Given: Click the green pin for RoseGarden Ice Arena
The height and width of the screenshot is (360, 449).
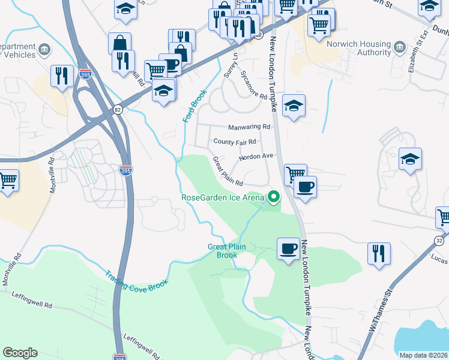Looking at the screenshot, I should tap(274, 196).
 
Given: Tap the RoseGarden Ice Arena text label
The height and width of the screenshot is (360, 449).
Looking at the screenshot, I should tap(223, 197).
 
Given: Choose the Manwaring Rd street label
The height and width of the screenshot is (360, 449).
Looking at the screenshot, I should tap(250, 127).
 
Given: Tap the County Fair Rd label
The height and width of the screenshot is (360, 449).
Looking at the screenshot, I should tap(235, 142).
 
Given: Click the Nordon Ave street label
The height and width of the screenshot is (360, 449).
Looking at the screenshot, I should tap(256, 157).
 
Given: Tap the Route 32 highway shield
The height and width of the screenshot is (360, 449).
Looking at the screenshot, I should tap(439, 241).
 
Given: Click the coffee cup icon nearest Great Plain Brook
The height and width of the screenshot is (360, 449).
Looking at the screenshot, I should tap(288, 248).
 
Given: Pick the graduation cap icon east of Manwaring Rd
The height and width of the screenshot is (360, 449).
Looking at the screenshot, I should tap(294, 106).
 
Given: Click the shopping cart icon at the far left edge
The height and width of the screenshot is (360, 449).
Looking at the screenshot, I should tap(8, 180).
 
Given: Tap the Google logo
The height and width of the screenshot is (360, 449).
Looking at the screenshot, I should tap(20, 353).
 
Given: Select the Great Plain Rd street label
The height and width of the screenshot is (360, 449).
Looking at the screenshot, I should tap(227, 171).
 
